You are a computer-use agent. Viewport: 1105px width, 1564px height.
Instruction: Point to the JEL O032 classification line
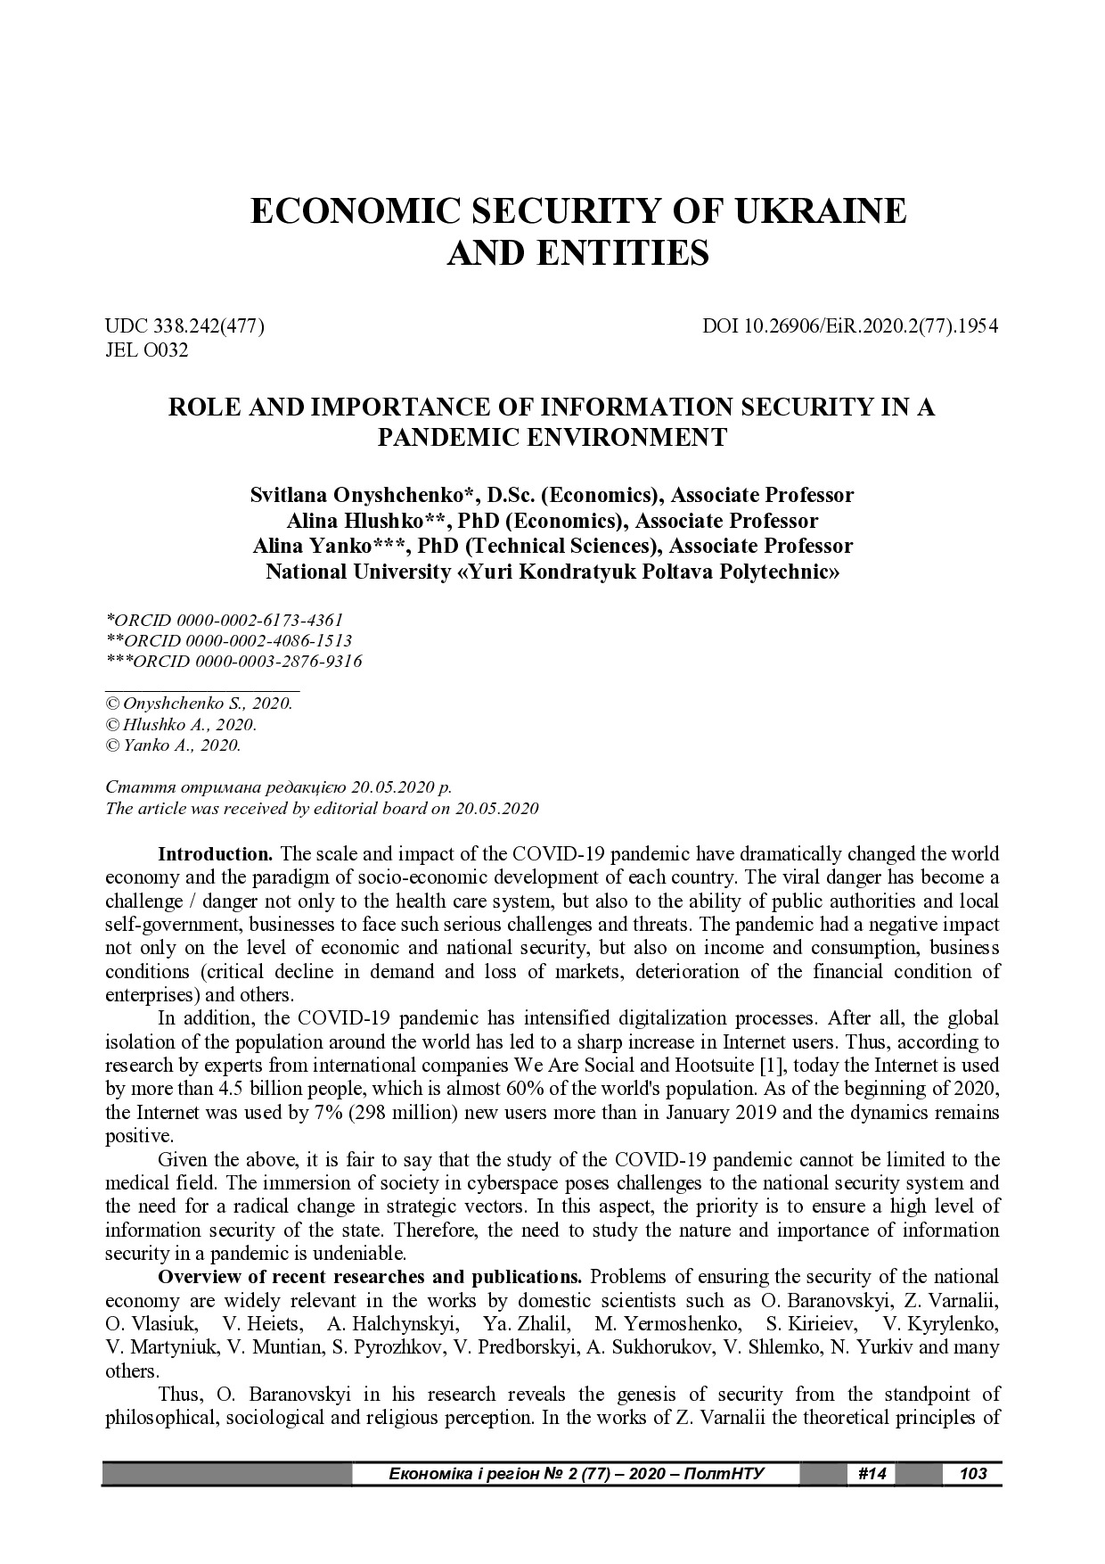pyautogui.click(x=147, y=350)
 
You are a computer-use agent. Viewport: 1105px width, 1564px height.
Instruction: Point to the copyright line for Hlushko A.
pyautogui.click(x=181, y=724)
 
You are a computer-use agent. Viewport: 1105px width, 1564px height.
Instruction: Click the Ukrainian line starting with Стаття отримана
pyautogui.click(x=278, y=788)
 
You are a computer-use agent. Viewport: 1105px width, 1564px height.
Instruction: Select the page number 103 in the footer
pyautogui.click(x=973, y=1474)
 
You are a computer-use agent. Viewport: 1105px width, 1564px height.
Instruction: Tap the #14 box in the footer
pyautogui.click(x=871, y=1474)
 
